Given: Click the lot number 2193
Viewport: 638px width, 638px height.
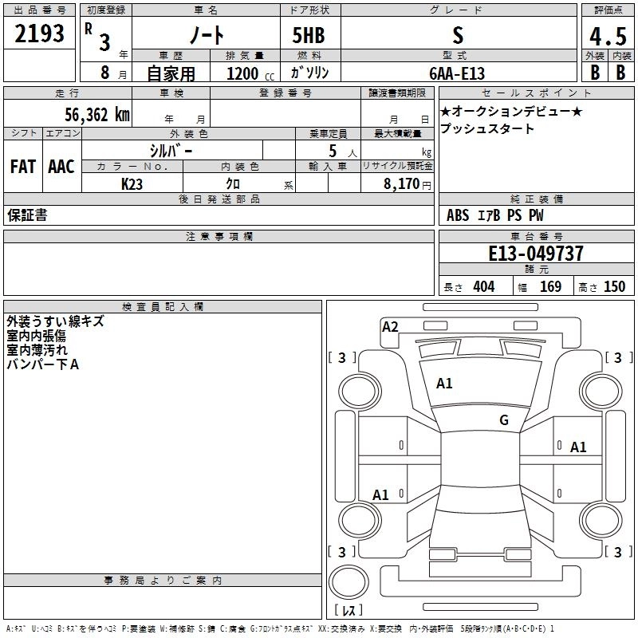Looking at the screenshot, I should (x=40, y=33).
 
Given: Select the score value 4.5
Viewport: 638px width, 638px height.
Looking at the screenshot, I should (x=608, y=36).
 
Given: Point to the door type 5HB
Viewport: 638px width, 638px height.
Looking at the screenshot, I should (x=309, y=34).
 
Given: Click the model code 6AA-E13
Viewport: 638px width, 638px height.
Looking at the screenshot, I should (x=455, y=73).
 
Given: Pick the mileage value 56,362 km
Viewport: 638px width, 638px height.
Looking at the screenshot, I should (x=96, y=114).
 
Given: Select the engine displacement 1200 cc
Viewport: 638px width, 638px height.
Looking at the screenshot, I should (x=242, y=73).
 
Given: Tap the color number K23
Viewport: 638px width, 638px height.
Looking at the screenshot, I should (x=132, y=183).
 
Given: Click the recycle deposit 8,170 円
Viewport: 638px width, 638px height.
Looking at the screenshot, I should (x=404, y=183).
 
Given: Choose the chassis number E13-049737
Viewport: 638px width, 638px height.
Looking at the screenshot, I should (x=535, y=254).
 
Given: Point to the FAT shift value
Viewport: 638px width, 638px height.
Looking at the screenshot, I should (x=23, y=166).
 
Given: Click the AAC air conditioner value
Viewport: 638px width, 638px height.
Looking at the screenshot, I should (x=61, y=166).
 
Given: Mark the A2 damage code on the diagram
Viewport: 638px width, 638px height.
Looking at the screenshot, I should (x=390, y=326).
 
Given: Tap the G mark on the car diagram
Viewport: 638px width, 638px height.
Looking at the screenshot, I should (x=504, y=419).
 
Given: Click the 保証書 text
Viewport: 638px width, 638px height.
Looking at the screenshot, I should (x=26, y=215).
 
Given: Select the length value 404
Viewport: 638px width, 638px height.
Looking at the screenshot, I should (x=483, y=287).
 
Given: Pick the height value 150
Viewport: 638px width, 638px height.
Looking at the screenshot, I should (x=614, y=287).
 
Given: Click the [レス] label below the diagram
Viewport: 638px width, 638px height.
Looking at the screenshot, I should (x=350, y=611).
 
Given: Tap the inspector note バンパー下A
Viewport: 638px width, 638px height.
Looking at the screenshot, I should (x=43, y=364).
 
